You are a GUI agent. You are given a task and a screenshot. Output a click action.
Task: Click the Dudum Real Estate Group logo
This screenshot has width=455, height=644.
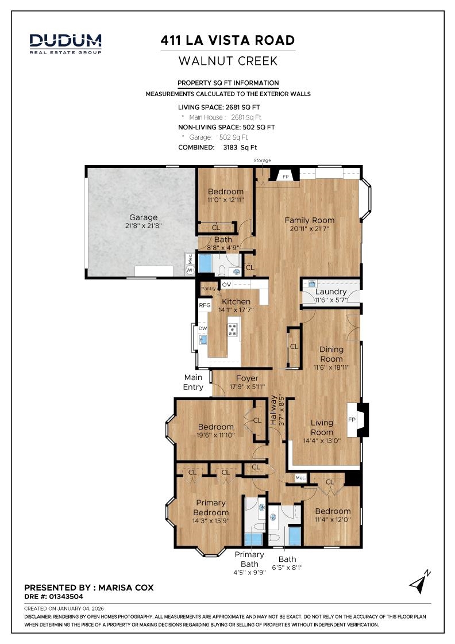pyautogui.click(x=65, y=44)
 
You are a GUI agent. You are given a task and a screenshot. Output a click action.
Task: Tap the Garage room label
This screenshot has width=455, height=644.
pyautogui.click(x=143, y=217)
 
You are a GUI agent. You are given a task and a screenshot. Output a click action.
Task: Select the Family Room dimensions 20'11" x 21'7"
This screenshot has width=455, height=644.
pyautogui.click(x=310, y=229)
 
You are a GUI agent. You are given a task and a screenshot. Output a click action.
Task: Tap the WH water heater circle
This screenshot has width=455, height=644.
pyautogui.click(x=190, y=270)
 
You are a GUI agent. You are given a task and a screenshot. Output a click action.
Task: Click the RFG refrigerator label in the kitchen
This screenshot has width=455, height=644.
pyautogui.click(x=205, y=305)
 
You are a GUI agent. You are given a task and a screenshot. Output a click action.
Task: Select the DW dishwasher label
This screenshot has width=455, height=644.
pyautogui.click(x=203, y=328)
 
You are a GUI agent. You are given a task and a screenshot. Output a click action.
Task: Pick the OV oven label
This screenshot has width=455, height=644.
pyautogui.click(x=226, y=285)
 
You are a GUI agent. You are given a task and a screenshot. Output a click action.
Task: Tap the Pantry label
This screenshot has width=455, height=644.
pyautogui.click(x=208, y=289)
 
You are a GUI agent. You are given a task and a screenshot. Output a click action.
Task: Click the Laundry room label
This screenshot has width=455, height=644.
pyautogui.click(x=331, y=292)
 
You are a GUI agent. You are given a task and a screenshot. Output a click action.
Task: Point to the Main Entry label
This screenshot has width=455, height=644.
pyautogui.click(x=193, y=382)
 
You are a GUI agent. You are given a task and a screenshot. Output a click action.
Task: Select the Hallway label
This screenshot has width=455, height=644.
pyautogui.click(x=273, y=410)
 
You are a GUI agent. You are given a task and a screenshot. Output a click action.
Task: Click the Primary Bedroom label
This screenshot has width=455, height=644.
pyautogui.click(x=211, y=508)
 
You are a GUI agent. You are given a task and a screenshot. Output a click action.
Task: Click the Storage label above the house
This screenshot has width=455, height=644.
pyautogui.click(x=262, y=160)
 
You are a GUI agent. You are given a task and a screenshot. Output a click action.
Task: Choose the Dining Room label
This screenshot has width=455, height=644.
pyautogui.click(x=331, y=354)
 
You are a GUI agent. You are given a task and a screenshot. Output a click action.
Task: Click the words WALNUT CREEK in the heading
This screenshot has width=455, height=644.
pyautogui.click(x=228, y=61)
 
